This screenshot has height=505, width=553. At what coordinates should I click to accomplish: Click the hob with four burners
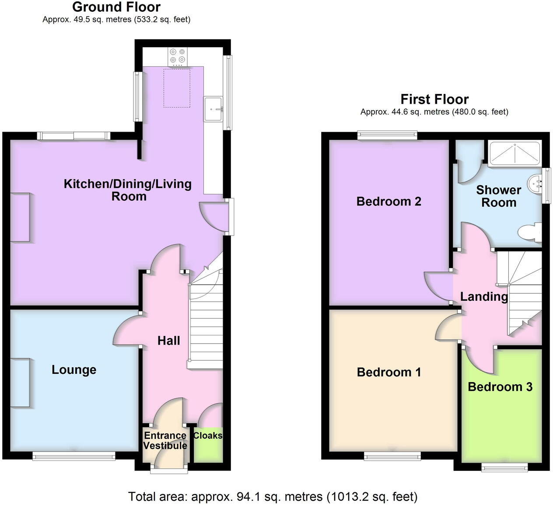(x=177, y=56)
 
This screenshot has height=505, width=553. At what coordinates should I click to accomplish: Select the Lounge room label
(x=74, y=370)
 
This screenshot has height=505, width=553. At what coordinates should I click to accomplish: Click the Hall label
(x=168, y=341)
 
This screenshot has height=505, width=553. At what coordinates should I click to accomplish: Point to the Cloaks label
(x=208, y=435)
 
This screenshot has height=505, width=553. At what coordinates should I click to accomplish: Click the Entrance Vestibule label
(x=165, y=441)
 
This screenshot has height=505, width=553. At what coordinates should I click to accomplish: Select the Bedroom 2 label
(x=388, y=202)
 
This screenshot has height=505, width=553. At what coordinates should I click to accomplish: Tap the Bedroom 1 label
(x=388, y=373)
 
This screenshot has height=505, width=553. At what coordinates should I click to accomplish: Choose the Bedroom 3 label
(x=500, y=387)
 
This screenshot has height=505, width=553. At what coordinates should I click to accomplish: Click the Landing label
(x=484, y=297)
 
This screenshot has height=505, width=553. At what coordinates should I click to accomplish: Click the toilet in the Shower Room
(x=530, y=232)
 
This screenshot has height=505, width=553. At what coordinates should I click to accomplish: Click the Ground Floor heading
(x=116, y=7)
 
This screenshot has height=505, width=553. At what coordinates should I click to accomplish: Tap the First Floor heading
(x=434, y=99)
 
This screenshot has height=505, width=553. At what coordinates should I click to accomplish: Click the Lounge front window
(x=73, y=456)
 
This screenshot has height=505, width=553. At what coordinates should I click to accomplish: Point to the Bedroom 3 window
(x=504, y=468)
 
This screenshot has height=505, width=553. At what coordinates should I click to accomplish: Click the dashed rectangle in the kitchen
(x=177, y=88)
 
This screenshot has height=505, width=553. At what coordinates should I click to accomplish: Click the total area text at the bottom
(x=273, y=497)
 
